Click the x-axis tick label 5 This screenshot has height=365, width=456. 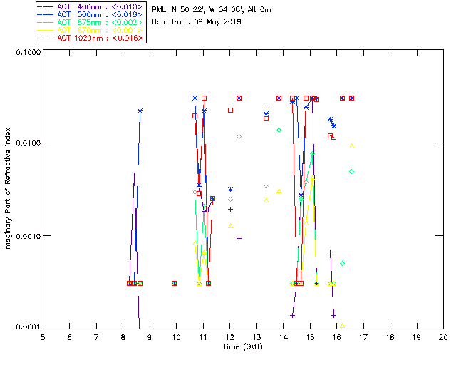click(x=43, y=336)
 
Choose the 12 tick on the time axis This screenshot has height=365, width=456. click(x=230, y=336)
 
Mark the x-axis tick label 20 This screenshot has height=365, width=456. click(x=443, y=336)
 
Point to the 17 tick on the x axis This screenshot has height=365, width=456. click(x=363, y=336)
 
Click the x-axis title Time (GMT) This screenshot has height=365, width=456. click(x=242, y=346)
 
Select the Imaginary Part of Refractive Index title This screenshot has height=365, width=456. click(x=10, y=191)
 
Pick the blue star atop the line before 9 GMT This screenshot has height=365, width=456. click(x=140, y=110)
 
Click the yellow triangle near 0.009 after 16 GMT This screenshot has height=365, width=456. click(x=352, y=146)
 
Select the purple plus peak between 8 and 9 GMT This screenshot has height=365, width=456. click(x=134, y=175)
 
